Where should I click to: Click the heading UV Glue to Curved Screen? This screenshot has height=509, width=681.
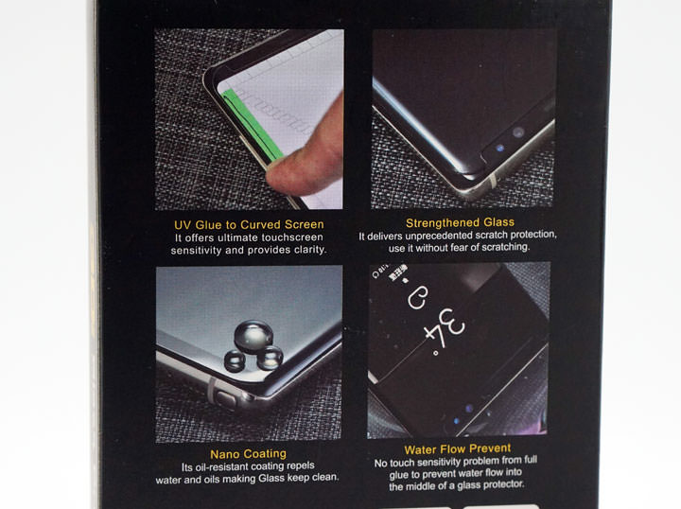click(249, 224)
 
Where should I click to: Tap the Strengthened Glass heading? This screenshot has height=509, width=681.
click(460, 222)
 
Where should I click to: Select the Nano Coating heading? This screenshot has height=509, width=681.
click(248, 454)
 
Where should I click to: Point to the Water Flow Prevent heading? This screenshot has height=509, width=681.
click(458, 449)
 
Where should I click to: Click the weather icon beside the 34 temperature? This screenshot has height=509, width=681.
click(417, 297)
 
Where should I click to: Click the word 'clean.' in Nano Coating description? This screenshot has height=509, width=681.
click(324, 477)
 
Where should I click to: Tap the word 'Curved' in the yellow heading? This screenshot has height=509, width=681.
click(260, 224)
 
